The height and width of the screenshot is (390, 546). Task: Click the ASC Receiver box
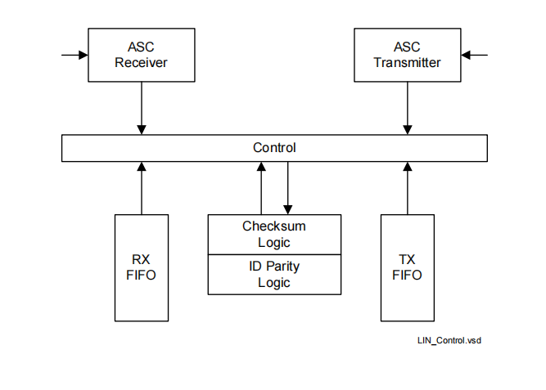(x=142, y=55)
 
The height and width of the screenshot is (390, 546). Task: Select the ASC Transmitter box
(x=407, y=55)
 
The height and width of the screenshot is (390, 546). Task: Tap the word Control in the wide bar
(x=274, y=148)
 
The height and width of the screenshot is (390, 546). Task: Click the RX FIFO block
(x=142, y=267)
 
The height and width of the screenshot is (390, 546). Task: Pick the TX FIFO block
(x=407, y=267)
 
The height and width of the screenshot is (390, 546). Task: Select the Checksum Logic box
(x=274, y=235)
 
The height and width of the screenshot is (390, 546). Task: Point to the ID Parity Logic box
(x=274, y=275)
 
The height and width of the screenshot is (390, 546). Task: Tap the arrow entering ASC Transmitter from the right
(x=474, y=56)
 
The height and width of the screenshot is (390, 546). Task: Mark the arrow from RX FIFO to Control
(x=142, y=188)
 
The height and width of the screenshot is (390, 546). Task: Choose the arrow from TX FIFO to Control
(x=407, y=188)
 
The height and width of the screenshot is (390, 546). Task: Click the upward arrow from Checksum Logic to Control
(x=261, y=188)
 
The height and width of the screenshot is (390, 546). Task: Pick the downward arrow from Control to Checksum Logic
(x=287, y=188)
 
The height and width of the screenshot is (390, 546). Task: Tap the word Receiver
(x=142, y=63)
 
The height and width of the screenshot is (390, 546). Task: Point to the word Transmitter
(x=407, y=63)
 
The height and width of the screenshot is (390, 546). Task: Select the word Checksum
(x=274, y=226)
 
